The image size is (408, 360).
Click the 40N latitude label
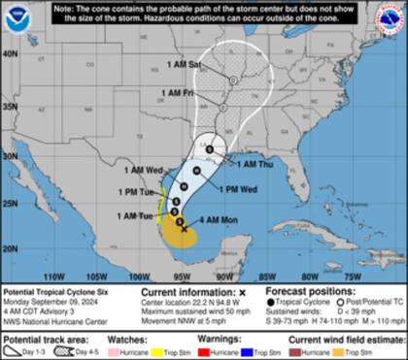click(10, 55)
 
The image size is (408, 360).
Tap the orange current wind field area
click(176, 231)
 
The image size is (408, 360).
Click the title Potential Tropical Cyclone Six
click(53, 291)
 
